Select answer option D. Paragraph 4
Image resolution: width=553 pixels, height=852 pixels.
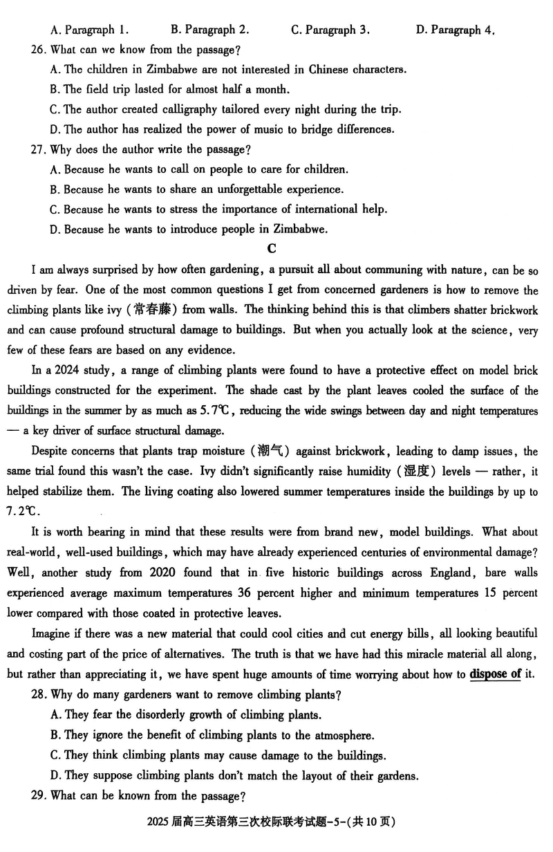(456, 30)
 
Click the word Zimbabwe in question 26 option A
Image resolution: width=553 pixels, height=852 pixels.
(168, 69)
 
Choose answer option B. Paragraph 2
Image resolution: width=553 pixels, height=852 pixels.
(209, 30)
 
